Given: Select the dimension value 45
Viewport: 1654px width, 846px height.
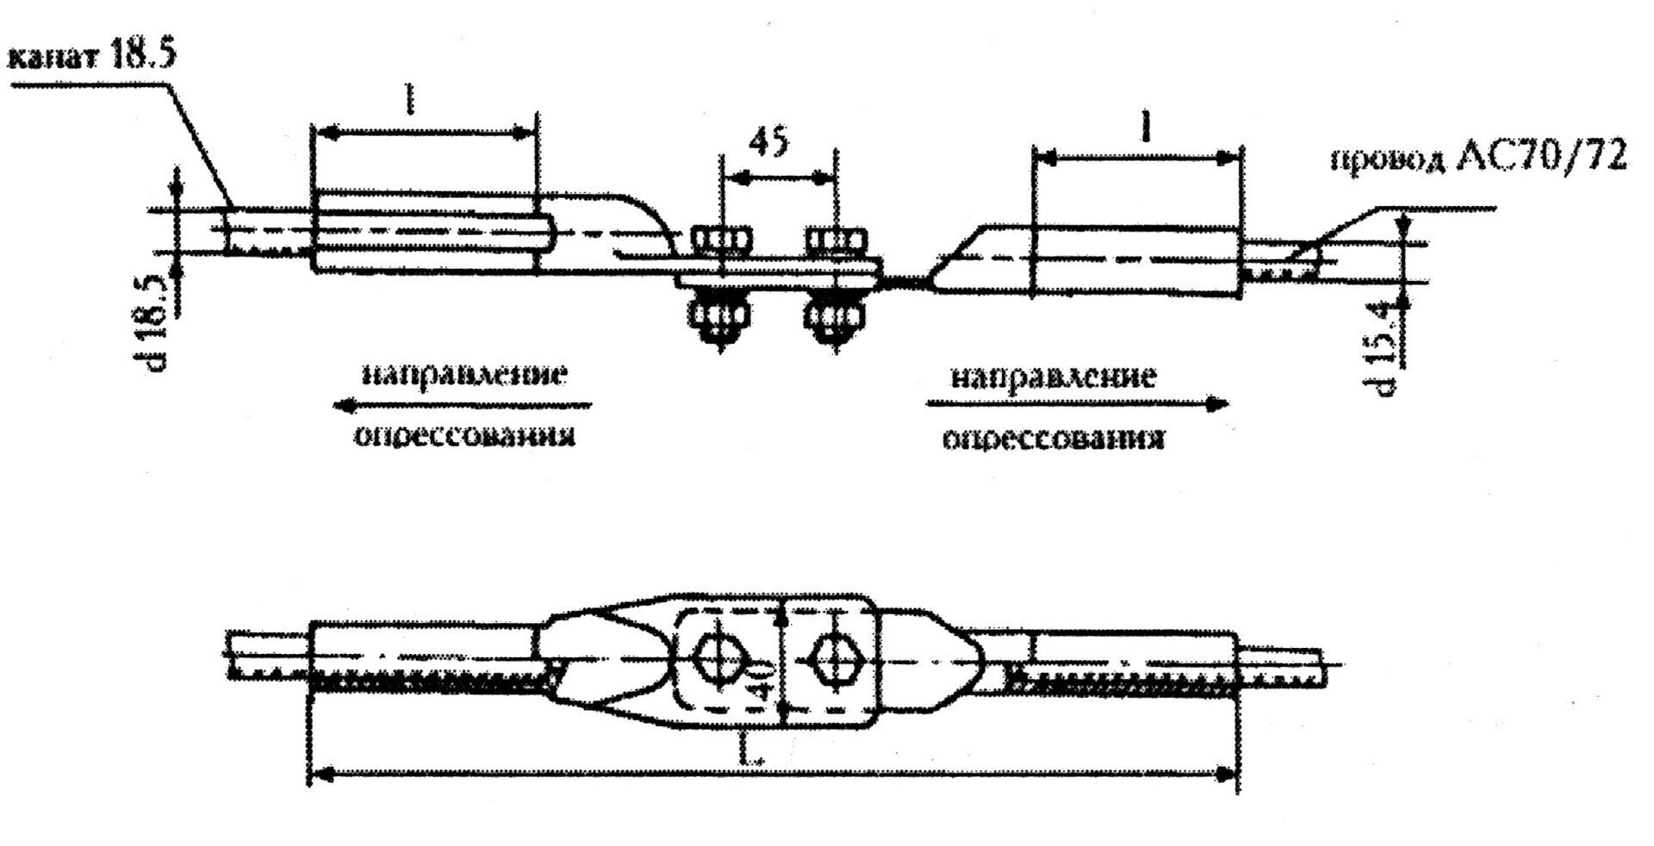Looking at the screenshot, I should [x=768, y=142].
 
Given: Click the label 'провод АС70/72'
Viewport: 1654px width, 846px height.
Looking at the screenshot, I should [x=1478, y=182].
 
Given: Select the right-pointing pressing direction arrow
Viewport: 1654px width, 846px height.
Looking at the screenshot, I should [x=1077, y=403].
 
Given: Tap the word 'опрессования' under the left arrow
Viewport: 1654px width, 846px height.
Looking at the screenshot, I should [x=464, y=436].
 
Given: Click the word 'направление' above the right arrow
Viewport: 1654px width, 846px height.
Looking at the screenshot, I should [x=1052, y=376].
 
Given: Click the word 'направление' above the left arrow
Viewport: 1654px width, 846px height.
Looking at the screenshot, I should [x=464, y=376].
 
